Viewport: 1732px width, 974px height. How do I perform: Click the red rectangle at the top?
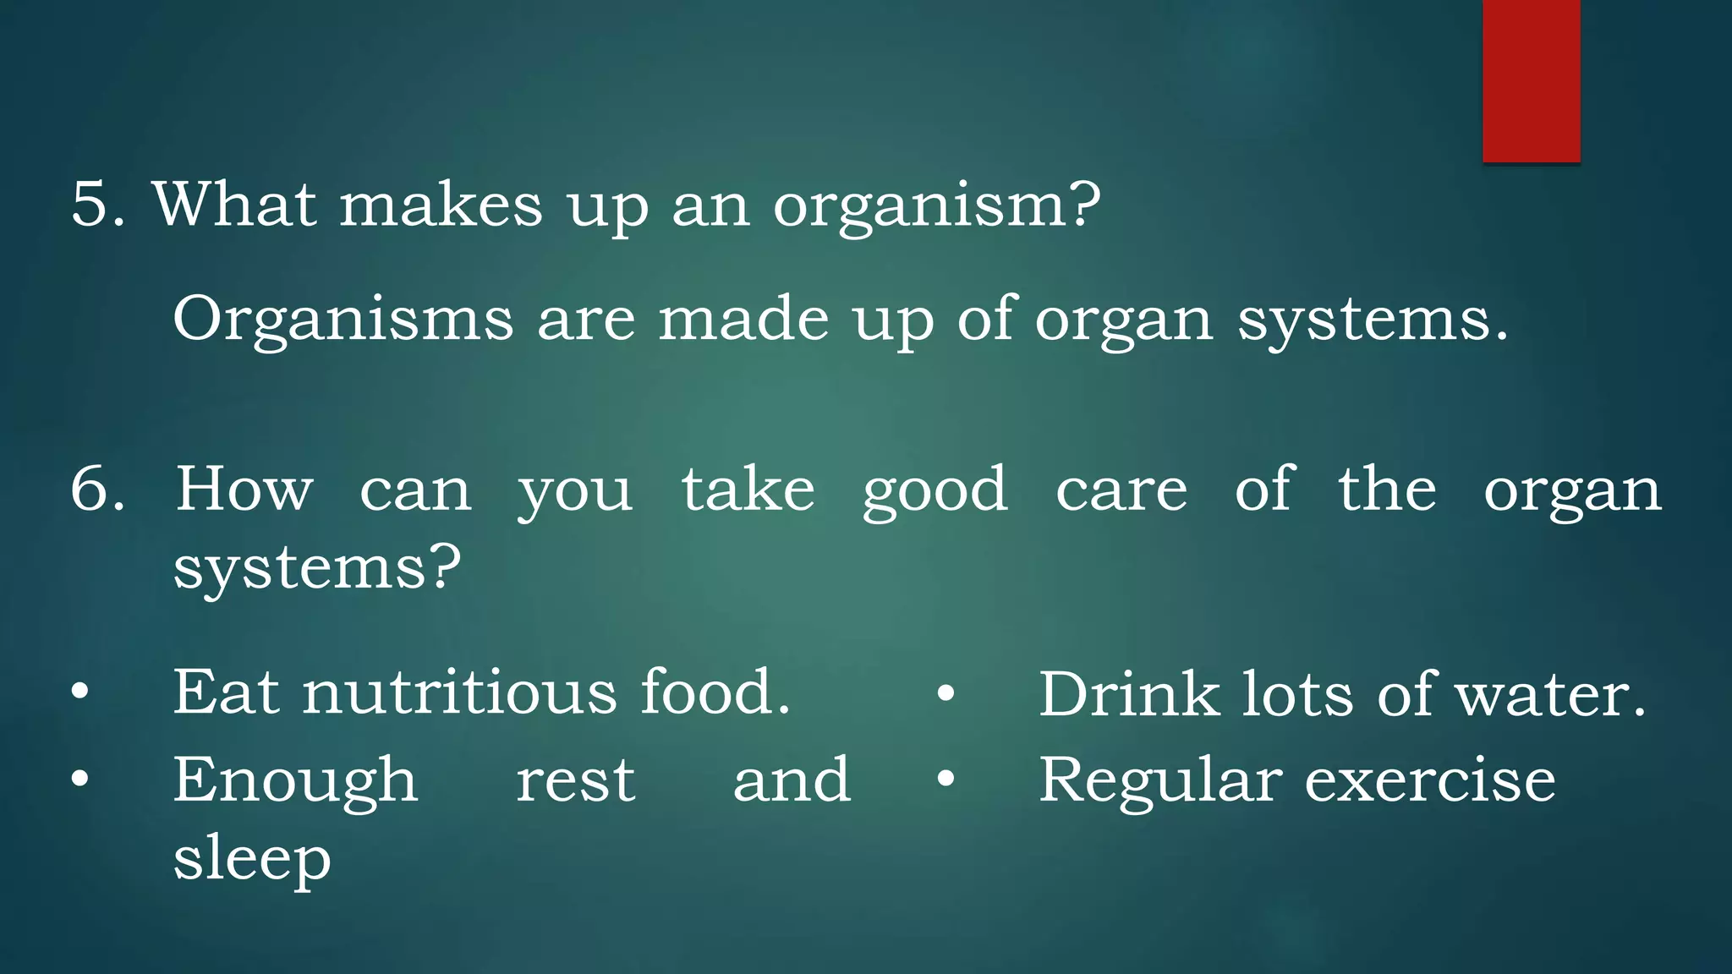point(1531,80)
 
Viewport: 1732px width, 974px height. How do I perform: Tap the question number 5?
point(97,205)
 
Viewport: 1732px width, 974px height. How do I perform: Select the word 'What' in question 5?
point(235,205)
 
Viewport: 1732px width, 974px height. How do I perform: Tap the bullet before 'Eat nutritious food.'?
point(79,692)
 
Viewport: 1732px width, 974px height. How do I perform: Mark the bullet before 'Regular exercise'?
point(945,778)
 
